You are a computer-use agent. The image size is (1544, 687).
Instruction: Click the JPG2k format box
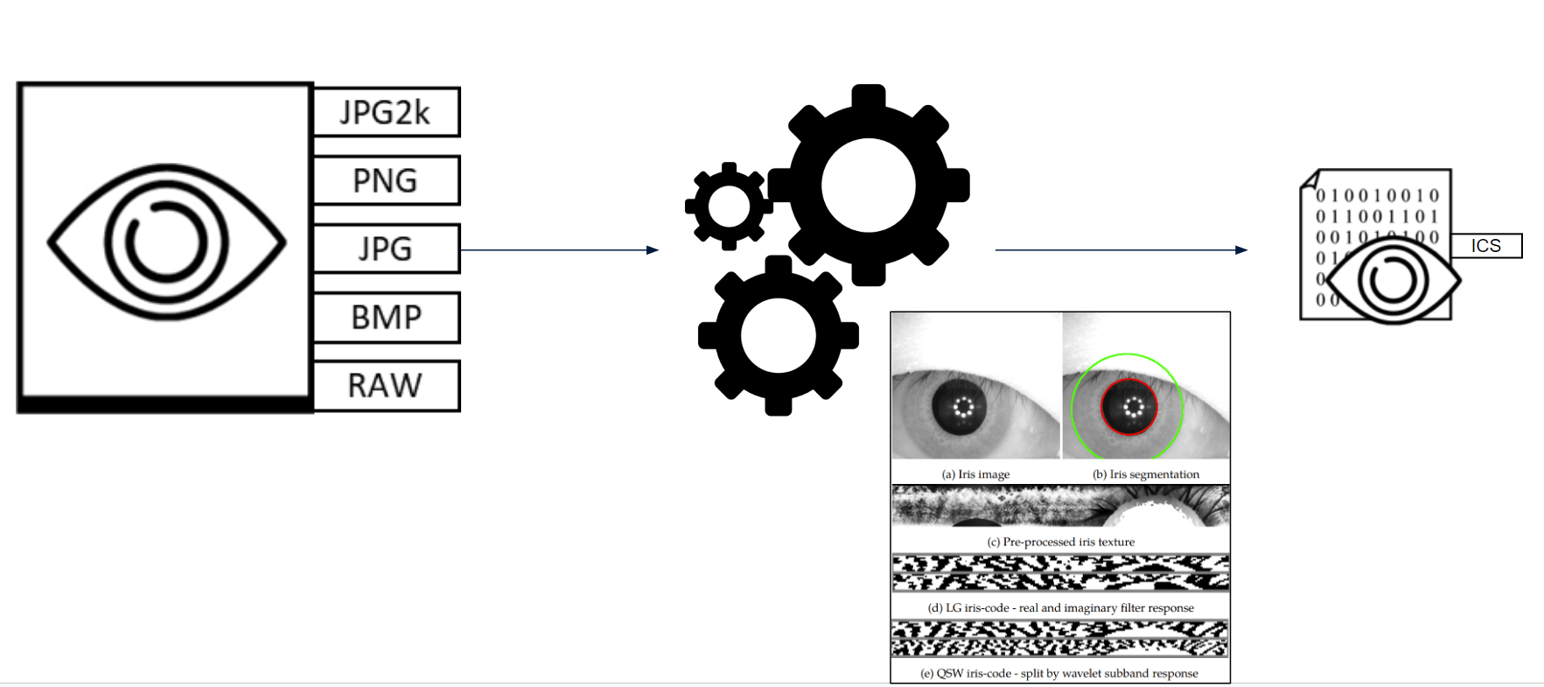(386, 112)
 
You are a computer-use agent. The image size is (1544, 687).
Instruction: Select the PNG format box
(386, 180)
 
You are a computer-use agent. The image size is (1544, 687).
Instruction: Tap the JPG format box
(386, 249)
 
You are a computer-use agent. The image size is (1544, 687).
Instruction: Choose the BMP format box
(386, 317)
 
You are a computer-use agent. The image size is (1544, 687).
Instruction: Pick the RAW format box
(386, 385)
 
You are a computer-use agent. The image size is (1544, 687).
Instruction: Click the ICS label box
(1485, 246)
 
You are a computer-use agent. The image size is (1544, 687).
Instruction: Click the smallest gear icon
(729, 207)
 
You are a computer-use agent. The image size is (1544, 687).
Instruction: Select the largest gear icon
(869, 185)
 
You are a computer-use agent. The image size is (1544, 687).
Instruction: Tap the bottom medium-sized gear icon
(778, 336)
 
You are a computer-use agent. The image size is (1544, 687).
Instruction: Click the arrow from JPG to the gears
(559, 250)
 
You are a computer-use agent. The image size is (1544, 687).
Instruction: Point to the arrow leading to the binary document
(1121, 250)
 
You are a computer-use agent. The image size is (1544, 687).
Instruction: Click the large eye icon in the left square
(166, 242)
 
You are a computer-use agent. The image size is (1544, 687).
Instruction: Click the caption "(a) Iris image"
(975, 474)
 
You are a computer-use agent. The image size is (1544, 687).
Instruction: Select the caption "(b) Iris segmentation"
(1146, 474)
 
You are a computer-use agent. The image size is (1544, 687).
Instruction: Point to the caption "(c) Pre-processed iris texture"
(1060, 542)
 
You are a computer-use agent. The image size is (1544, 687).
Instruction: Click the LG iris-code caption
(1060, 607)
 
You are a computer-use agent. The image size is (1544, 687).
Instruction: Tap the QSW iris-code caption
(1058, 673)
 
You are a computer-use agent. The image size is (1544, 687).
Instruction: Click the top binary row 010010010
(1378, 195)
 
